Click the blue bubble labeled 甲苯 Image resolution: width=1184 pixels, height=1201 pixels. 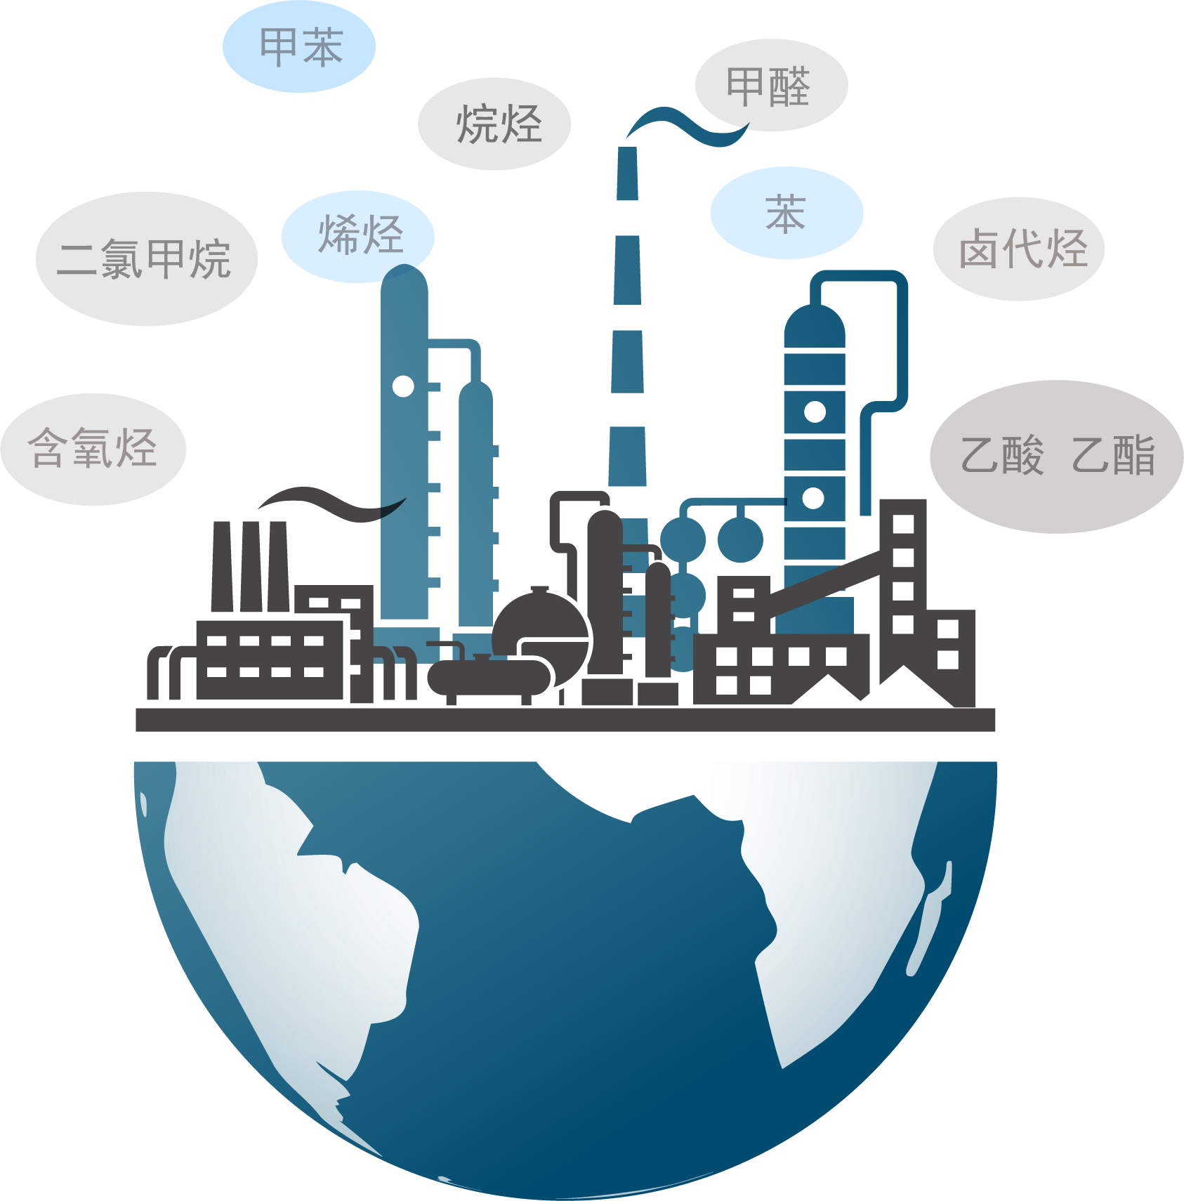pyautogui.click(x=299, y=46)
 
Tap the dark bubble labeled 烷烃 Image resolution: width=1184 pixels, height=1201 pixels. pyautogui.click(x=494, y=124)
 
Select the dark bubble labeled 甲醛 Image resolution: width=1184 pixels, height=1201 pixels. pyautogui.click(x=771, y=85)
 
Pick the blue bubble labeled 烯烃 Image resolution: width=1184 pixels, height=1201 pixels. pyautogui.click(x=357, y=235)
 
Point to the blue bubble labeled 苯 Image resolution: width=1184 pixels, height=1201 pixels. pyautogui.click(x=786, y=213)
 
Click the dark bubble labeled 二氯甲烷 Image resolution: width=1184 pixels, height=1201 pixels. pyautogui.click(x=146, y=258)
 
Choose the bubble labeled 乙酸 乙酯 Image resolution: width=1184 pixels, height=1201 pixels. pyautogui.click(x=1056, y=456)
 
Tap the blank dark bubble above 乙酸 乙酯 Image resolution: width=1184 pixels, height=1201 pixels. pyautogui.click(x=1018, y=249)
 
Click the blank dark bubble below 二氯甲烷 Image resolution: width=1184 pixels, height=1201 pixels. pyautogui.click(x=93, y=449)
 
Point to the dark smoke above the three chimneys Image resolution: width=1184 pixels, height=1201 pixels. pyautogui.click(x=330, y=502)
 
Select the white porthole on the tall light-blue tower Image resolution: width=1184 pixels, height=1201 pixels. pyautogui.click(x=403, y=386)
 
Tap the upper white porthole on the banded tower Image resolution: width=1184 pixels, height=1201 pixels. pyautogui.click(x=815, y=412)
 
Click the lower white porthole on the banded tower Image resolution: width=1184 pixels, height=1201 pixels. pyautogui.click(x=813, y=498)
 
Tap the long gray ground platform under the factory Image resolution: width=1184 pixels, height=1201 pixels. pyautogui.click(x=565, y=720)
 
